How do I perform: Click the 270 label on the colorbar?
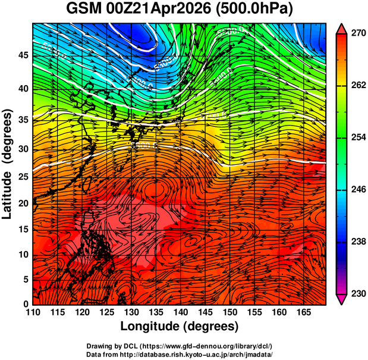point(357,34)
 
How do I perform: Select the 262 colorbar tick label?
point(357,86)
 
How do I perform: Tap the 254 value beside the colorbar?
point(357,137)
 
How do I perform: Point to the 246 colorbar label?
point(357,190)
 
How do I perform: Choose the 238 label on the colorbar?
point(357,242)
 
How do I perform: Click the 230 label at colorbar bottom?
point(357,293)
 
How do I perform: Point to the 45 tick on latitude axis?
point(22,56)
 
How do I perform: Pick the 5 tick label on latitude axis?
point(26,280)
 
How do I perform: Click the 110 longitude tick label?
point(33,312)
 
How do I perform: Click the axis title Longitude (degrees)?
point(180,326)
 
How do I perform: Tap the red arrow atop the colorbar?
point(342,27)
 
